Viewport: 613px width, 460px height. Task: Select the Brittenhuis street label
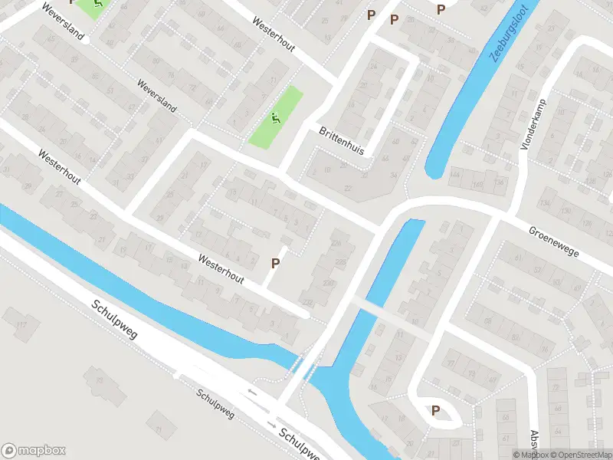pyautogui.click(x=341, y=140)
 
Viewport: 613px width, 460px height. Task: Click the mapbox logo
pyautogui.click(x=34, y=451)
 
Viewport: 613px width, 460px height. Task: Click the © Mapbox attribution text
pyautogui.click(x=529, y=455)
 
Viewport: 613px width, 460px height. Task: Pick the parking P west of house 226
pyautogui.click(x=275, y=263)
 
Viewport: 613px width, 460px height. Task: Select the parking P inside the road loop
pyautogui.click(x=435, y=410)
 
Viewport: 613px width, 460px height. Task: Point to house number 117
pyautogui.click(x=21, y=325)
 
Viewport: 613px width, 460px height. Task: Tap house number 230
pyautogui.click(x=328, y=284)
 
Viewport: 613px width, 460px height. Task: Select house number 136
pyautogui.click(x=501, y=182)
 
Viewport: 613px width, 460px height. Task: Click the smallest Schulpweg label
pyautogui.click(x=215, y=404)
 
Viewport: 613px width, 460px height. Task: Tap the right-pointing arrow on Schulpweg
pyautogui.click(x=270, y=424)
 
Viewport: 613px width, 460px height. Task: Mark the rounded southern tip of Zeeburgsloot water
pyautogui.click(x=434, y=169)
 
